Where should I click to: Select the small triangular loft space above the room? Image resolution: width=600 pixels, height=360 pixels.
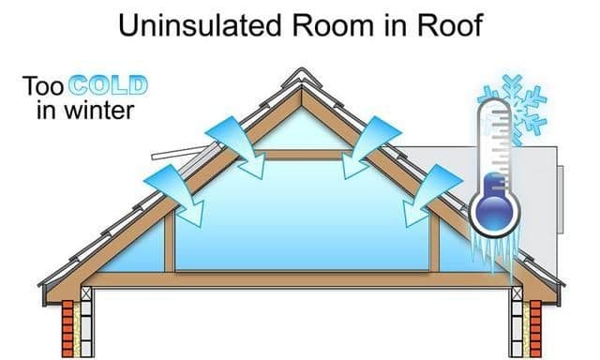coord(300,127)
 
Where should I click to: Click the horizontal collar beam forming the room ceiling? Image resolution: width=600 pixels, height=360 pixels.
coord(300,154)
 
